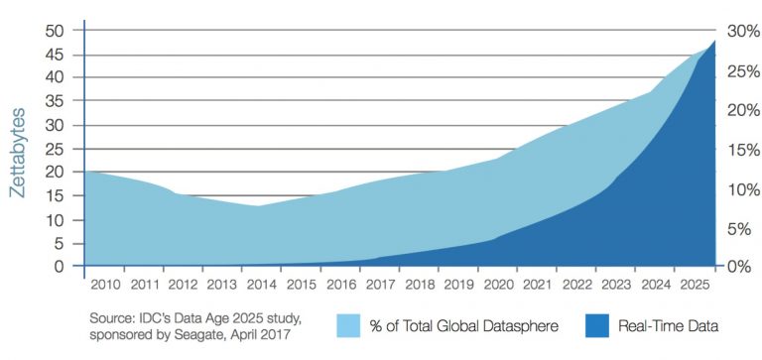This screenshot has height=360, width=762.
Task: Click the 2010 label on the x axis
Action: (104, 286)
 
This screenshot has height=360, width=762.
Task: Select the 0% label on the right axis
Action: (740, 267)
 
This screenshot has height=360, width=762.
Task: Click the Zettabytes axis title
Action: (18, 149)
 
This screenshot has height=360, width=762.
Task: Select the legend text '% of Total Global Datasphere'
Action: (463, 325)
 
